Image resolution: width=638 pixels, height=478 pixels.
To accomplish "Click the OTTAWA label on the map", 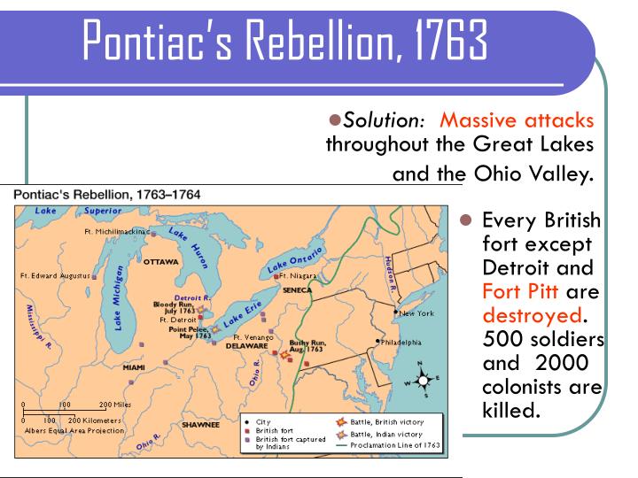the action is point(160,262).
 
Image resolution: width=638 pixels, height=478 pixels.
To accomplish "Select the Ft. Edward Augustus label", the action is point(55,276).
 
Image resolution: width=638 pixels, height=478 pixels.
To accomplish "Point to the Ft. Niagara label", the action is point(300,276).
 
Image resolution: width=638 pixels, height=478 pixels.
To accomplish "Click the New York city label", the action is point(416,313).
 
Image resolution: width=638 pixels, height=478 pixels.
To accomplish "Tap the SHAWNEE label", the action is point(200,425).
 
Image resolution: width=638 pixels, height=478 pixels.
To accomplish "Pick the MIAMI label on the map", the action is point(134,366).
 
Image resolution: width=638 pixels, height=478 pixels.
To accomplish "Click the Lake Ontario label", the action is point(296,257).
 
